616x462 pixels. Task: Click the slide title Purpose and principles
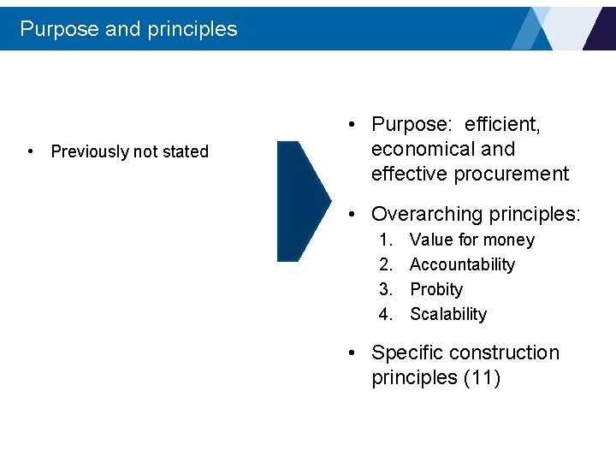(128, 28)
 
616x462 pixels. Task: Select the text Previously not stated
(129, 151)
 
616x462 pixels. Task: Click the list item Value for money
(471, 240)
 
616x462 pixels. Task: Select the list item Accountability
(462, 265)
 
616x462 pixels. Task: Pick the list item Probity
(436, 290)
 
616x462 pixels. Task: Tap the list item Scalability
(448, 315)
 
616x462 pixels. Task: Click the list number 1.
(385, 240)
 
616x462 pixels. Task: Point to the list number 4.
(385, 315)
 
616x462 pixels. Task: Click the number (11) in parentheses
(482, 378)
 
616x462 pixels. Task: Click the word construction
(504, 353)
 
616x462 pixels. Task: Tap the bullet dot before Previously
(31, 151)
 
